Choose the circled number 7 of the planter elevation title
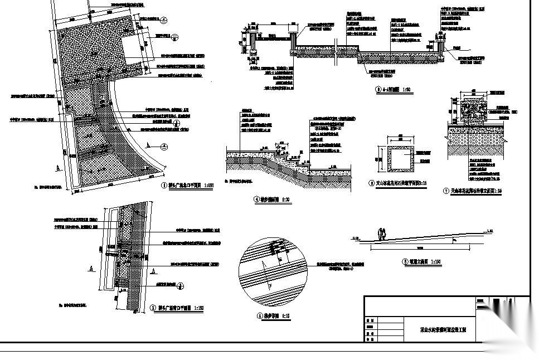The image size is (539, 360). pos(445,191)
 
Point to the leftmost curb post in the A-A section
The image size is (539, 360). pos(251,40)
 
